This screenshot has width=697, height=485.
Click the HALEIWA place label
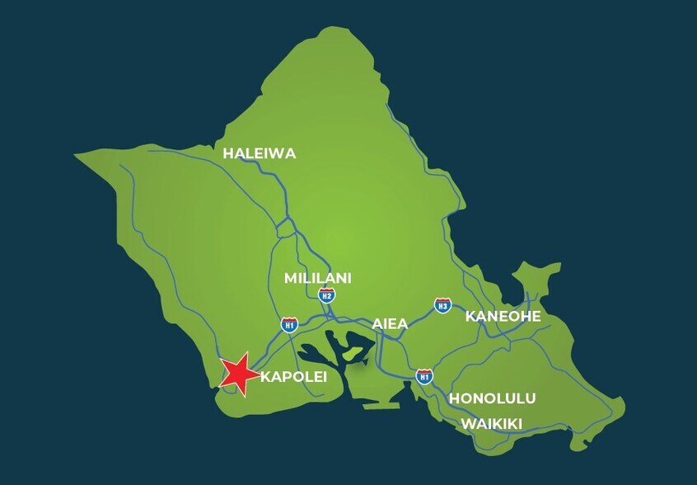pos(259,153)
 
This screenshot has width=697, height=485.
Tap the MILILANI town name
pos(318,278)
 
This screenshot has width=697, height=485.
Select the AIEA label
pos(390,323)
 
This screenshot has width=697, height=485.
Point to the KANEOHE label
pos(503,316)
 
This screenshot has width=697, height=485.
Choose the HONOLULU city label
pos(492,398)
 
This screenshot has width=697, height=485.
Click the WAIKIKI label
pos(492,423)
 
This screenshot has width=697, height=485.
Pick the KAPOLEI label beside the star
pos(293,377)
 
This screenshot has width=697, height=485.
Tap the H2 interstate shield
pos(327,294)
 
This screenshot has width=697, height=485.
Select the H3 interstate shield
pos(443,305)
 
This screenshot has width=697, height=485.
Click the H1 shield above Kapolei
pos(288,324)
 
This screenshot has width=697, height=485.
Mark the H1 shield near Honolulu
pos(424,376)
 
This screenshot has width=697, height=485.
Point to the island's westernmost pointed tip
pos(75,154)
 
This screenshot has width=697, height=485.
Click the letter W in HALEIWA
pos(274,153)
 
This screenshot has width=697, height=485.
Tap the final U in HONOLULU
pos(530,398)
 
